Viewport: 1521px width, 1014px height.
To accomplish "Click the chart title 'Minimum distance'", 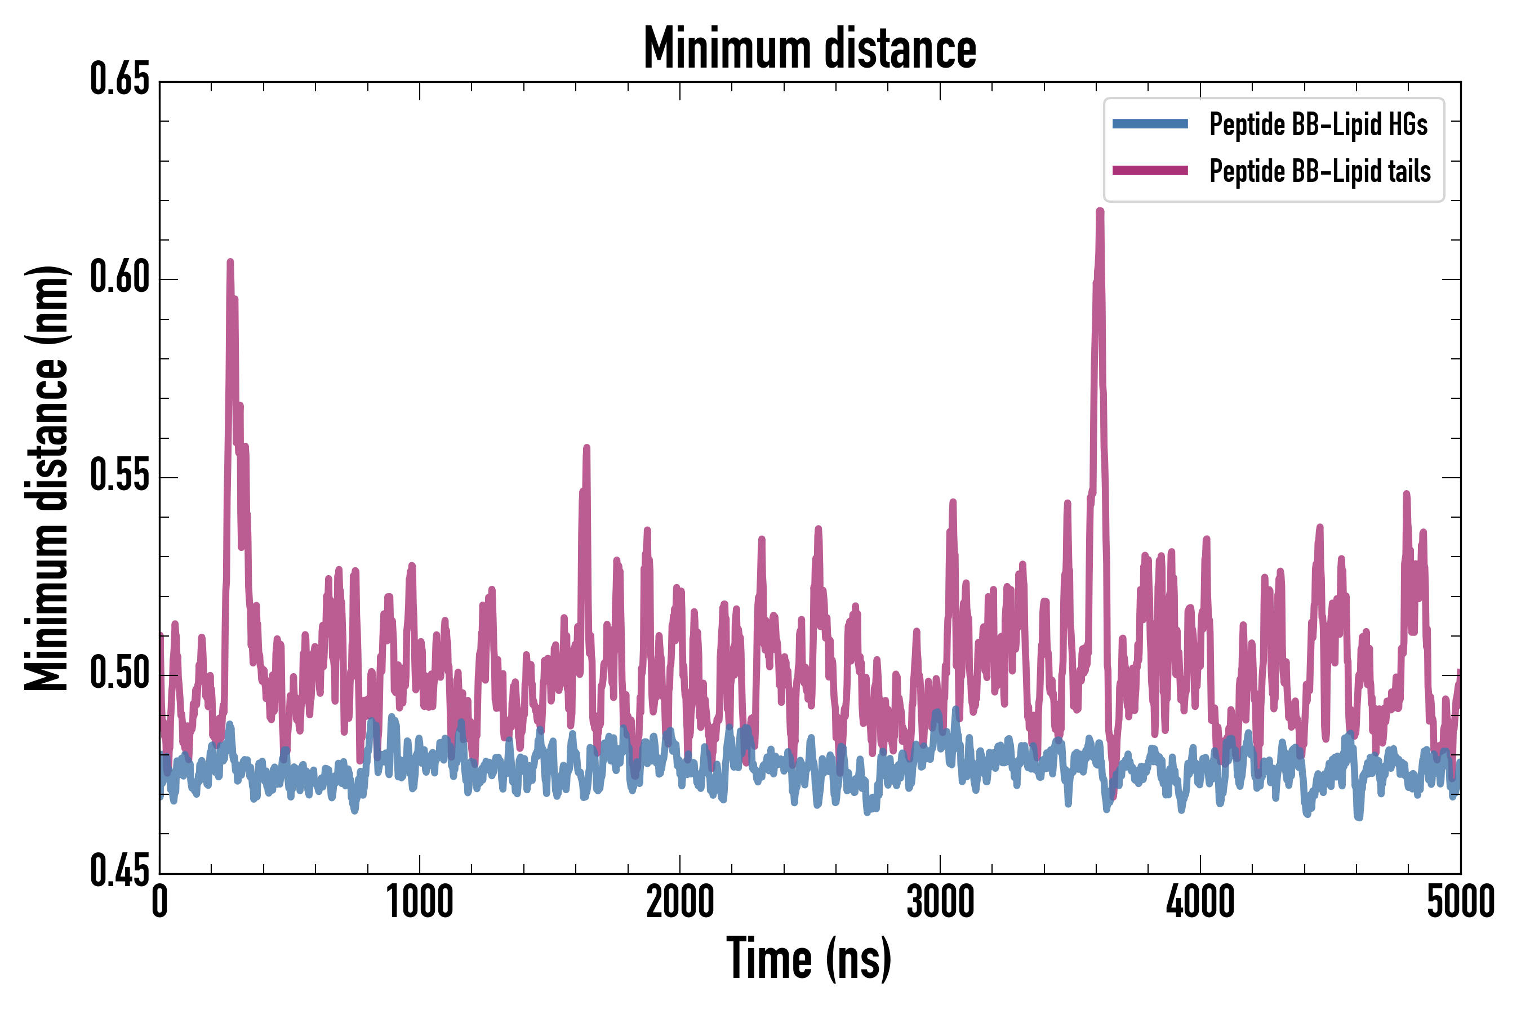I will [810, 48].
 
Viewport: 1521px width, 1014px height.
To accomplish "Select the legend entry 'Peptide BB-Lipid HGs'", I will [1318, 124].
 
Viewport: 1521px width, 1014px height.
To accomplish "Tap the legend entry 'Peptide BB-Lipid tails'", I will [1319, 171].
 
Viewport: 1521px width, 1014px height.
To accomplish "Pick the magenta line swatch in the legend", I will [1150, 171].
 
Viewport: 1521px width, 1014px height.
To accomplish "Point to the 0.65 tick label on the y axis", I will [119, 80].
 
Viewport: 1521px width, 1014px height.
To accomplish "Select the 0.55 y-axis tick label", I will [119, 476].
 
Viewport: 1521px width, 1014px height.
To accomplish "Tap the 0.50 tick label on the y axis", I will [119, 674].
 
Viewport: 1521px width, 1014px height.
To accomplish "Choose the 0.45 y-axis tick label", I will [119, 871].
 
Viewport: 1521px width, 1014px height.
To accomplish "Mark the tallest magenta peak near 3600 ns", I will [1100, 211].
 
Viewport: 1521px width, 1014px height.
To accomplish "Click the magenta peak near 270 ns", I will [230, 262].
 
